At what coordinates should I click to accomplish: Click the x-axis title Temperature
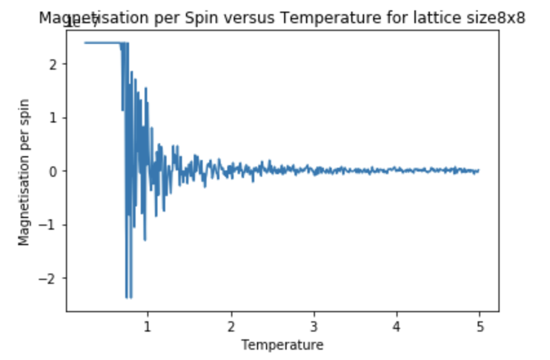(282, 345)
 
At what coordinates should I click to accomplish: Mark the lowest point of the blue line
(127, 297)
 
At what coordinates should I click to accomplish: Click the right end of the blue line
(478, 171)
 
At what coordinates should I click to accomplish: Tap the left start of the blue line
(85, 43)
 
